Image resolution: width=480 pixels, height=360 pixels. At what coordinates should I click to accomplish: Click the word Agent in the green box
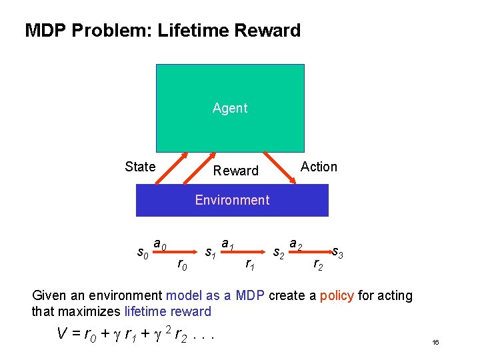click(x=230, y=108)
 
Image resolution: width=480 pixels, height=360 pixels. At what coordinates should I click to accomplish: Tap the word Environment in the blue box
click(x=232, y=200)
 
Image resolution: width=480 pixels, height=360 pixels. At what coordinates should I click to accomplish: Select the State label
click(x=140, y=167)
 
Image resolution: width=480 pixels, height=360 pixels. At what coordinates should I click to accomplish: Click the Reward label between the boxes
click(x=235, y=171)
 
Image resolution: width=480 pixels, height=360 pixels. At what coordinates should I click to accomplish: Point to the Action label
click(x=319, y=167)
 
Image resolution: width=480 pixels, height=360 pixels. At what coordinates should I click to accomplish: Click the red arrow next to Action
click(x=280, y=168)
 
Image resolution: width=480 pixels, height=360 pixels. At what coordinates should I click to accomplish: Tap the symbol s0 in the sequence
click(x=142, y=252)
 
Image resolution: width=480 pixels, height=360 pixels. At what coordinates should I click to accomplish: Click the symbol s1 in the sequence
click(x=209, y=252)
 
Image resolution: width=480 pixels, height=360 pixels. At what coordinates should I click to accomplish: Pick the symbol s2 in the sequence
click(x=280, y=252)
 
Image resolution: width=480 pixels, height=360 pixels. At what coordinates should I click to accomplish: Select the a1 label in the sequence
click(x=227, y=244)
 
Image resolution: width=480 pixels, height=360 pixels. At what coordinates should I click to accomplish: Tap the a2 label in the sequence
click(x=296, y=245)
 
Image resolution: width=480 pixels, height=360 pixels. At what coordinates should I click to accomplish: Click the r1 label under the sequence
click(x=250, y=265)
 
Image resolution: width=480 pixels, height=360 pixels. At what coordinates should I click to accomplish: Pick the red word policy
click(x=337, y=295)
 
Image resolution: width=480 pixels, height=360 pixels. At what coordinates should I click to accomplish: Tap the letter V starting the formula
click(x=61, y=333)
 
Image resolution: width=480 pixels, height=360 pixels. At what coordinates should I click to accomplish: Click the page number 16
click(x=435, y=343)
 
